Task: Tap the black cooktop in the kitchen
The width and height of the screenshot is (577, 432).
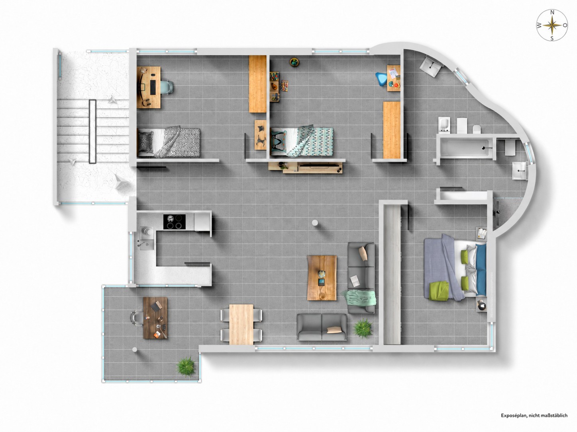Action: (174, 222)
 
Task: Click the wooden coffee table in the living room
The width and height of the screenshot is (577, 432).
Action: (322, 278)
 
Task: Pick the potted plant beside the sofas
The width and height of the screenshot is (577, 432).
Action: (363, 329)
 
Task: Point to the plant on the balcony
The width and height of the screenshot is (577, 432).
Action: (186, 367)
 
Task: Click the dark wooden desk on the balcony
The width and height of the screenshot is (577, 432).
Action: (155, 318)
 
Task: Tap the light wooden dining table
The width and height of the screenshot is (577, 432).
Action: (241, 324)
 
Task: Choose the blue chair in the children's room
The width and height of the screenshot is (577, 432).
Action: (381, 78)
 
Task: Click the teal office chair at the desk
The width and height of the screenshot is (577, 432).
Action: (167, 87)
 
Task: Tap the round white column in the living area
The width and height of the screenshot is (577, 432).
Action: (315, 223)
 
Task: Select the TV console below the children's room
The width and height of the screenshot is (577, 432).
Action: (306, 167)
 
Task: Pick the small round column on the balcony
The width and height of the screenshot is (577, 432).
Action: (135, 349)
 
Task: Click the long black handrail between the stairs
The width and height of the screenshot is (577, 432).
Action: (92, 131)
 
